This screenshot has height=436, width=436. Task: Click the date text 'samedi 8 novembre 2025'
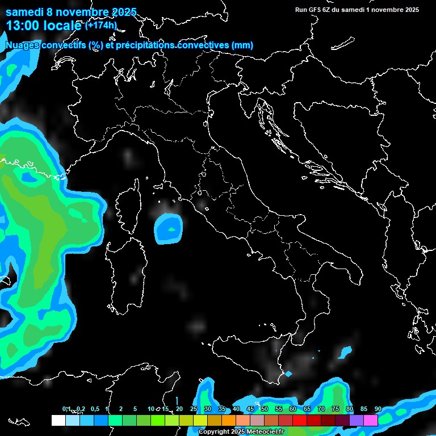coord(71,12)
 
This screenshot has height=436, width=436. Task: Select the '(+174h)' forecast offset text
coord(100,26)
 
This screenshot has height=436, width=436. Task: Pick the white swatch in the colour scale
coord(58,420)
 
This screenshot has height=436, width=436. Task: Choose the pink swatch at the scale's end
coord(371,420)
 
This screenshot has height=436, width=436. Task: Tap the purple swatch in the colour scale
coord(357,420)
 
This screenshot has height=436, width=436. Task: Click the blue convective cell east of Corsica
coord(169,229)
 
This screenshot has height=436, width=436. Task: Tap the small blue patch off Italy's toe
coord(345,353)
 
